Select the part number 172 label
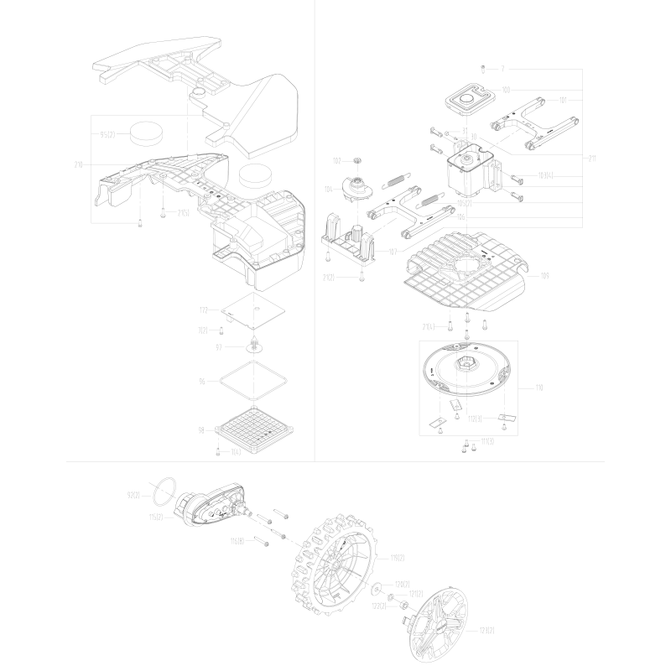pyautogui.click(x=203, y=310)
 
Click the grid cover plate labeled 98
pyautogui.click(x=256, y=429)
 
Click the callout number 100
pyautogui.click(x=507, y=89)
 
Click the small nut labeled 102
pyautogui.click(x=356, y=159)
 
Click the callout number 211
pyautogui.click(x=592, y=156)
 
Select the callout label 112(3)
pyautogui.click(x=474, y=418)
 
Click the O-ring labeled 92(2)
pyautogui.click(x=166, y=487)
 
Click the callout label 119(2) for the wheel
pyautogui.click(x=398, y=557)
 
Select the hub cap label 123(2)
pyautogui.click(x=485, y=630)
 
